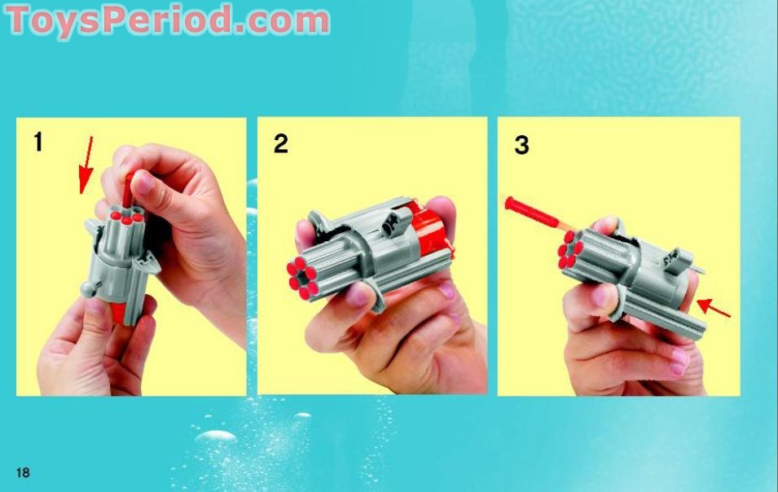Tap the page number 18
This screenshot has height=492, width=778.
23,472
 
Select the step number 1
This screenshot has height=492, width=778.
37,142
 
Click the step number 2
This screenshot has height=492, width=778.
280,144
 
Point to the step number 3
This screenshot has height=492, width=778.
521,146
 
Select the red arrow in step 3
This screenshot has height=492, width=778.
714,309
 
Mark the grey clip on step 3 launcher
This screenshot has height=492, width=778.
675,260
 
